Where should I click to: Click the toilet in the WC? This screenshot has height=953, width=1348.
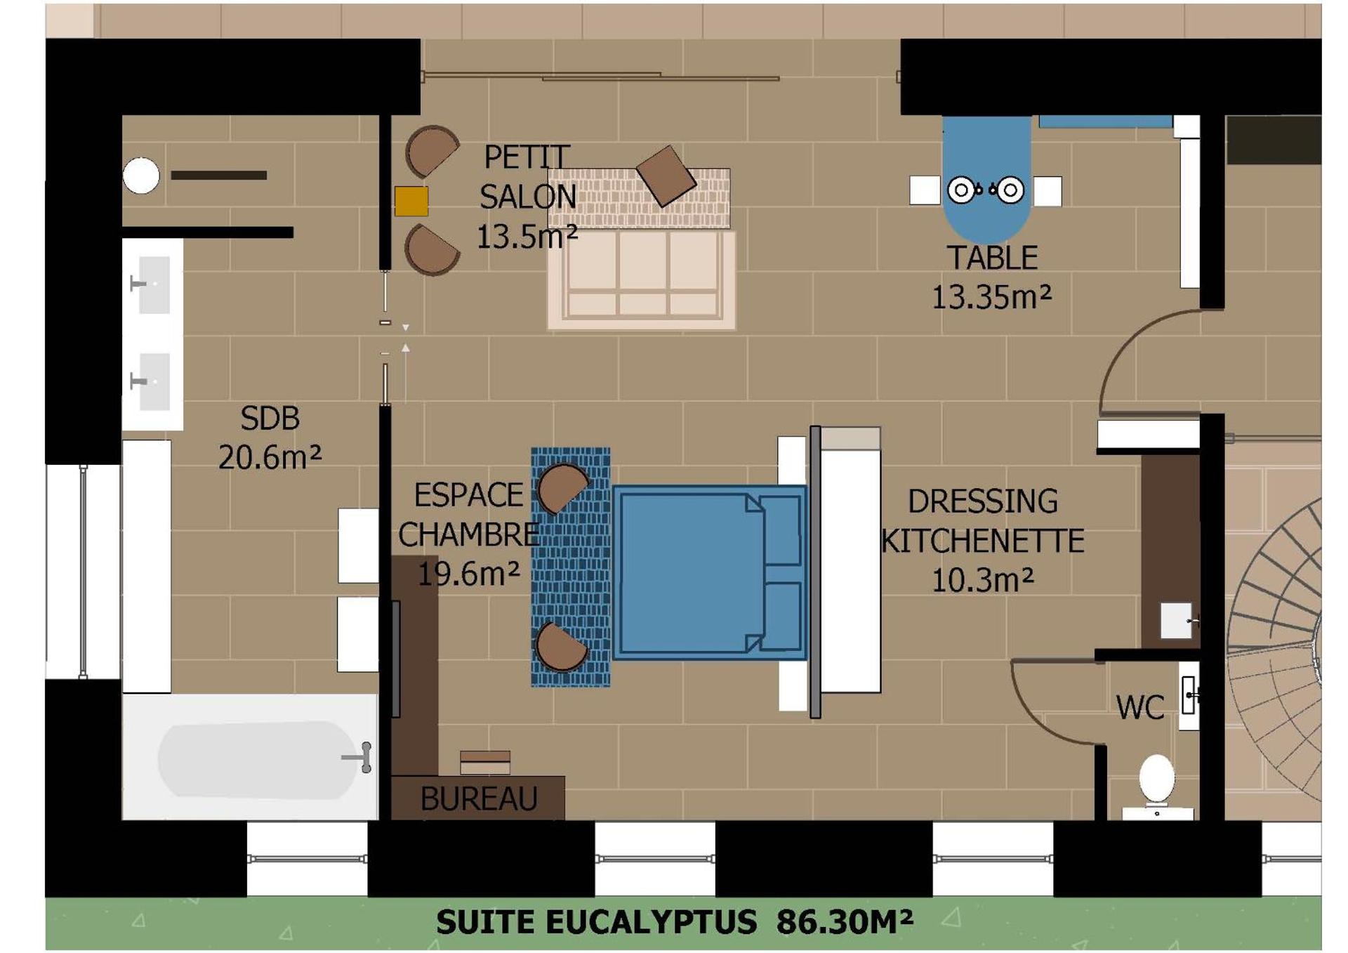point(1156,780)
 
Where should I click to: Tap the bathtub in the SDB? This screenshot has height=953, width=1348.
point(257,759)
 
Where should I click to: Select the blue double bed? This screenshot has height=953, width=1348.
point(709,572)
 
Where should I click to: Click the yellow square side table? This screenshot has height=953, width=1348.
point(411,201)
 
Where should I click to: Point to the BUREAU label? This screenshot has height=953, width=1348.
point(478,798)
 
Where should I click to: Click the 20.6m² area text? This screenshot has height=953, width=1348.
point(270,458)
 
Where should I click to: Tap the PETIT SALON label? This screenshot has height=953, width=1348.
point(527,177)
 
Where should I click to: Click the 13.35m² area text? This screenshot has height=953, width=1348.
point(991,297)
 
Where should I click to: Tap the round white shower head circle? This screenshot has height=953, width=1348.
point(141,176)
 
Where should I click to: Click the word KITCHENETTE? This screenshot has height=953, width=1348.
point(982,541)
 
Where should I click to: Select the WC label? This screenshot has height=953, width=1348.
point(1139,707)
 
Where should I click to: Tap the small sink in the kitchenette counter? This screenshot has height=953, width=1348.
point(1176,620)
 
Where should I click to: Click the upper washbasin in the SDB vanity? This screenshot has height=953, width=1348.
point(154,284)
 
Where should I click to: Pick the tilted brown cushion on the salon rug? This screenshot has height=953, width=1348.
point(666,176)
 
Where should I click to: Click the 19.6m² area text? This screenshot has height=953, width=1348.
point(468,574)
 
